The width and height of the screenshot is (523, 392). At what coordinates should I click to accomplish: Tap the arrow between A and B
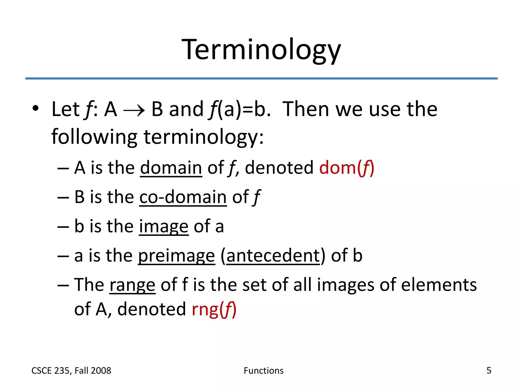(x=134, y=111)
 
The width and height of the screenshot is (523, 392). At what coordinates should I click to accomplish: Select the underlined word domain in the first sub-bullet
(x=171, y=168)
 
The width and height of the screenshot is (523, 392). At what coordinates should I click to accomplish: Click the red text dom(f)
(x=347, y=168)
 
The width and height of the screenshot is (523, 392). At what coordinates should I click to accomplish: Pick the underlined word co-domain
(x=183, y=197)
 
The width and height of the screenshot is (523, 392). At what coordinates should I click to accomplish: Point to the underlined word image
(x=164, y=227)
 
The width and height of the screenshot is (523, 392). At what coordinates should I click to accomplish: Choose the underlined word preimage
(x=176, y=256)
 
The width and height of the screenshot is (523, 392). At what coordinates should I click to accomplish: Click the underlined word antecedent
(x=273, y=256)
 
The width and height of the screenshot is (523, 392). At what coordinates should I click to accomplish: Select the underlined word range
(x=132, y=285)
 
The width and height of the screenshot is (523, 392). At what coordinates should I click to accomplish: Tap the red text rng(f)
(x=214, y=309)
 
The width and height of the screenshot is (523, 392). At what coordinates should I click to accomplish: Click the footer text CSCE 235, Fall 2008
(x=71, y=371)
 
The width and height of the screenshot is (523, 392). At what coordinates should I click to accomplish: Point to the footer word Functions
(x=264, y=371)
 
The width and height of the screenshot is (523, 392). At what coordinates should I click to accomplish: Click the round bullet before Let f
(x=35, y=108)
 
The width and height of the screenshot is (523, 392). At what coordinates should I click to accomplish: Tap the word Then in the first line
(x=306, y=109)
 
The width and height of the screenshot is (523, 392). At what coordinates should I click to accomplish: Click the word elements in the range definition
(x=439, y=285)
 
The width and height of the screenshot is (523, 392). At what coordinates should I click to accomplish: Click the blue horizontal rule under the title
(x=261, y=78)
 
